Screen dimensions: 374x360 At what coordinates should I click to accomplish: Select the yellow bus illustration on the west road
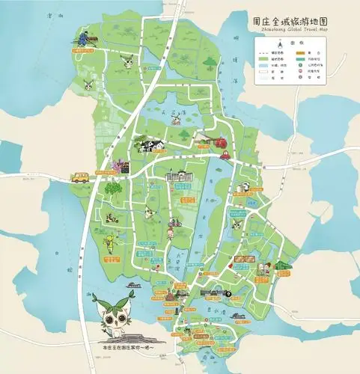pos(80,178)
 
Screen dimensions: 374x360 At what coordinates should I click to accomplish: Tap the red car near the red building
pos(224,156)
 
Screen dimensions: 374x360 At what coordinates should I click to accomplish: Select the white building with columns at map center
pos(178,177)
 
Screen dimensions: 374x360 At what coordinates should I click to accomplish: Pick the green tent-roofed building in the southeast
pos(281,266)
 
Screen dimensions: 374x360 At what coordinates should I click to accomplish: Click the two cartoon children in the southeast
pos(262,267)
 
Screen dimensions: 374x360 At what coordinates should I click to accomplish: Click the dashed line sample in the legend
pos(263,53)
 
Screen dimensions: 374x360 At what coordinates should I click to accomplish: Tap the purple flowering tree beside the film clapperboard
pos(116,162)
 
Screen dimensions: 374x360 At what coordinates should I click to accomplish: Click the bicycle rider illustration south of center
pos(174,222)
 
